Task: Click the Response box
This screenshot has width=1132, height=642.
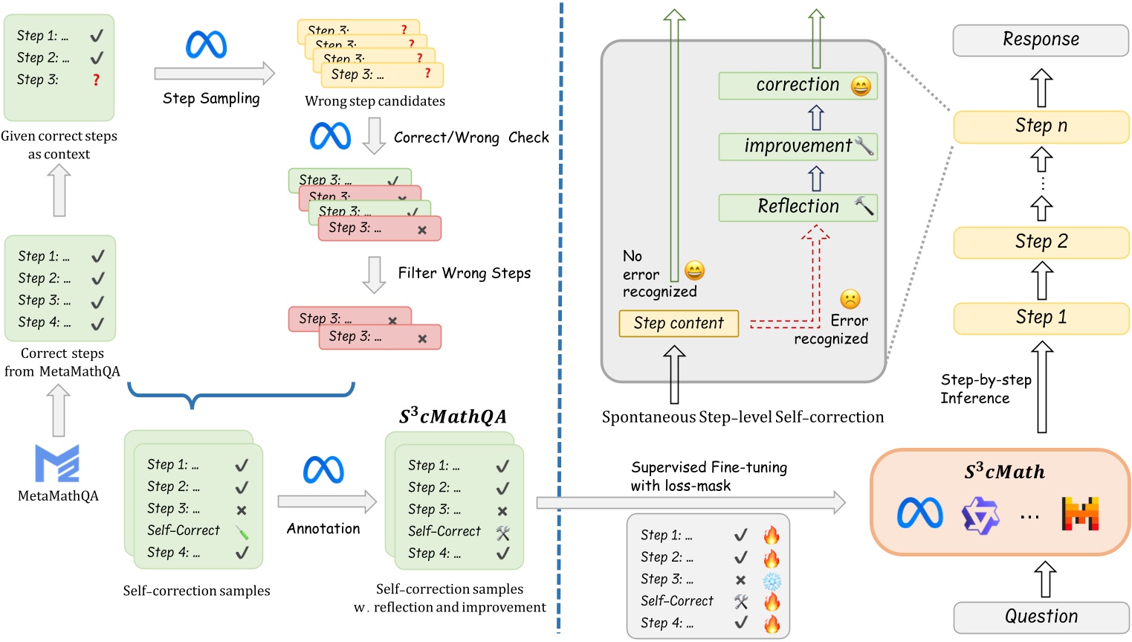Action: [x=1041, y=40]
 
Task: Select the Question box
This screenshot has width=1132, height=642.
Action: [x=1041, y=617]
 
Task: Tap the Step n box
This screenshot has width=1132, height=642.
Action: [x=1041, y=126]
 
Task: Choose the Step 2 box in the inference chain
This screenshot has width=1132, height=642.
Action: [x=1041, y=242]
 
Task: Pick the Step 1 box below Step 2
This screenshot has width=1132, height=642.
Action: [x=1041, y=318]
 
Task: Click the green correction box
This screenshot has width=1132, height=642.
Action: [x=798, y=86]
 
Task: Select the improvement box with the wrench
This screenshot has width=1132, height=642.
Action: [x=798, y=147]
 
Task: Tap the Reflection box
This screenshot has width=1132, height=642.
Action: [x=798, y=207]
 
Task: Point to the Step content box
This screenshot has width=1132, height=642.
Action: [x=679, y=324]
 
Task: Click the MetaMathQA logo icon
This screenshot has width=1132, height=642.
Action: [x=57, y=463]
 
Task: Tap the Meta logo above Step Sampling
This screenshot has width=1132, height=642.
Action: [x=206, y=45]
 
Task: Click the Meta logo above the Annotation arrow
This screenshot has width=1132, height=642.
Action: [x=323, y=470]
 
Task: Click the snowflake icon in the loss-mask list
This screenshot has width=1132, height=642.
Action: [x=772, y=580]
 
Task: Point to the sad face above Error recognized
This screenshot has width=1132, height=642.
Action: [x=850, y=299]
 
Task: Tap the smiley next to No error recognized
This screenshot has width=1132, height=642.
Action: [x=694, y=271]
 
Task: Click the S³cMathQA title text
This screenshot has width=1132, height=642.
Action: [x=453, y=417]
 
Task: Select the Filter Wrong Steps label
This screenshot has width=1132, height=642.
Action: [x=464, y=274]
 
